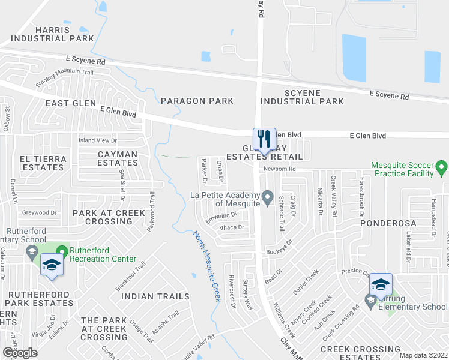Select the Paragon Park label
196,101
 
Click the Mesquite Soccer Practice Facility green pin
442,165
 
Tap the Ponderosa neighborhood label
388,223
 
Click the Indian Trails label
155,296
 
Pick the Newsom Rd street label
279,169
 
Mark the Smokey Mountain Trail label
65,79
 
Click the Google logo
20,353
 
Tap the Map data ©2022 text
424,355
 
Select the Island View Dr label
98,140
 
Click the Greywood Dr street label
40,212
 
